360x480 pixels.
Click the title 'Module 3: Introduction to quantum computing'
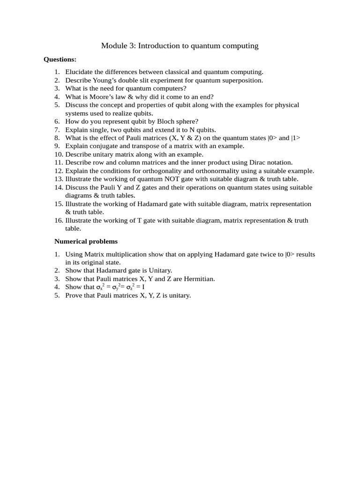pos(180,45)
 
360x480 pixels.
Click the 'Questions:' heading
pos(60,60)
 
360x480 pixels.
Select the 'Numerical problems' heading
pos(86,241)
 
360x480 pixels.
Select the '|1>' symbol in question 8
pos(296,138)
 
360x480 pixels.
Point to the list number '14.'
pos(59,187)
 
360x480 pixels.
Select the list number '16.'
pos(59,220)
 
